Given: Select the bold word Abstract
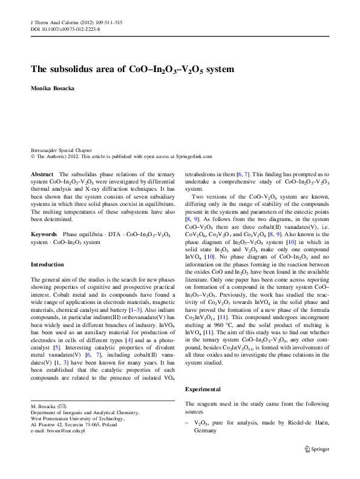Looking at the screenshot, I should coord(42,174).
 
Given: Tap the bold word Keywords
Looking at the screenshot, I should coord(44,233).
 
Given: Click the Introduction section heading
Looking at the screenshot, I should coord(47,265).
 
